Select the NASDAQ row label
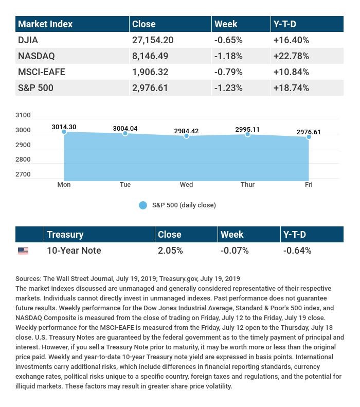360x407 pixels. (x=36, y=56)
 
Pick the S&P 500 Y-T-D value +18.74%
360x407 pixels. (x=292, y=87)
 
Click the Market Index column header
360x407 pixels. (x=45, y=24)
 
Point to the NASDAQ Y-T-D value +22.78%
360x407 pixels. (x=292, y=56)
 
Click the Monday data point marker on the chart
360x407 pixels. (x=64, y=132)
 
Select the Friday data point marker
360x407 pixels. (x=309, y=137)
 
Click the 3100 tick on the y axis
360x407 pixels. (x=23, y=115)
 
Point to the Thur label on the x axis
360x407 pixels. (x=247, y=184)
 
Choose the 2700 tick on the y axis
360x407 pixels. (x=23, y=174)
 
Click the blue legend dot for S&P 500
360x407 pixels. (x=143, y=205)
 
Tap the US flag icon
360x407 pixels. (x=23, y=251)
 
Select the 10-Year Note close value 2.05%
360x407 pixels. (x=170, y=251)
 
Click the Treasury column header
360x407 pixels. (x=65, y=235)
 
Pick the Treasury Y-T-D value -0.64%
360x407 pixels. (x=297, y=251)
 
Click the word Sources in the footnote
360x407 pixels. (x=28, y=278)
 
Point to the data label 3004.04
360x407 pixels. (x=125, y=128)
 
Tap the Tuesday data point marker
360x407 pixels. (x=125, y=133)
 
